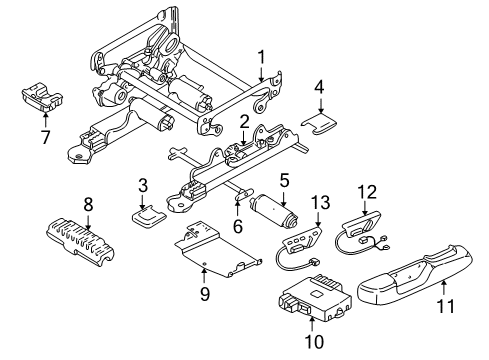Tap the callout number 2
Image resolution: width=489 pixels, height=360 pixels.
click(243, 121)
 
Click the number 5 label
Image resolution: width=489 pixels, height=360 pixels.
click(285, 180)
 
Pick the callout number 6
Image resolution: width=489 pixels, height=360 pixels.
click(238, 227)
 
